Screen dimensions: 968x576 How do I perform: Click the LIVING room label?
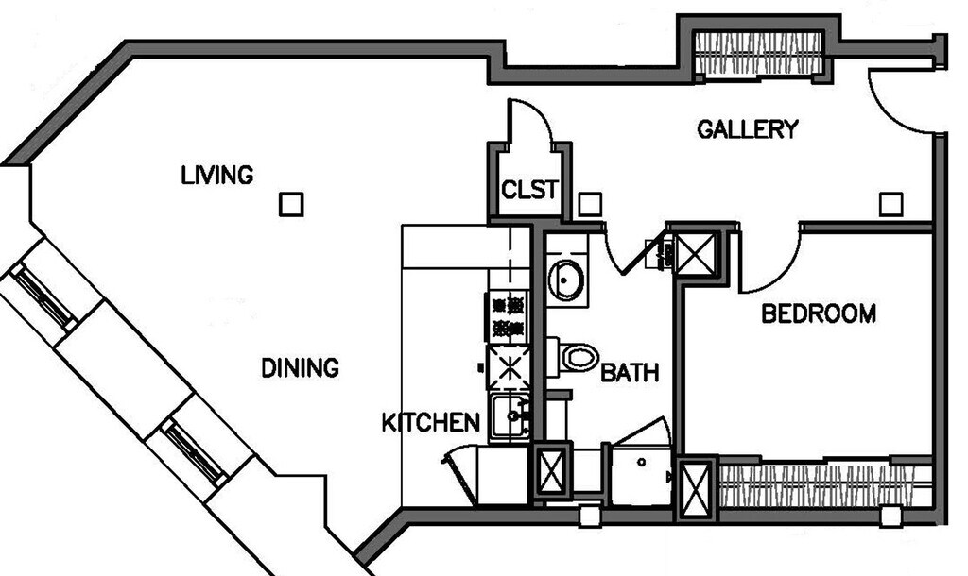pyautogui.click(x=217, y=175)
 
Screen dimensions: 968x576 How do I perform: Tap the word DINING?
pyautogui.click(x=300, y=367)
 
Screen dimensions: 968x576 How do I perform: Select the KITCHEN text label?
pyautogui.click(x=431, y=422)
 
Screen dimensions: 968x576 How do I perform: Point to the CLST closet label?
pyautogui.click(x=529, y=190)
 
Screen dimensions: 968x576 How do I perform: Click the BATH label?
pyautogui.click(x=630, y=372)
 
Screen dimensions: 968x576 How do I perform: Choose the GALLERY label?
pyautogui.click(x=748, y=128)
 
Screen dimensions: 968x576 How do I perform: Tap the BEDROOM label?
pyautogui.click(x=819, y=313)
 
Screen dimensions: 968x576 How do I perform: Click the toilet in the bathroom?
pyautogui.click(x=574, y=356)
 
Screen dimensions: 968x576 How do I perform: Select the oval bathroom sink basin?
pyautogui.click(x=566, y=280)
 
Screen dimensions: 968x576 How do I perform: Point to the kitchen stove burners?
pyautogui.click(x=508, y=315)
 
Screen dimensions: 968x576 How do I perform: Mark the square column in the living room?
pyautogui.click(x=291, y=204)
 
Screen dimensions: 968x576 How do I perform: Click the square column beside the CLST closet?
pyautogui.click(x=590, y=205)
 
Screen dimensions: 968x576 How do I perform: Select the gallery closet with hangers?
pyautogui.click(x=759, y=54)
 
